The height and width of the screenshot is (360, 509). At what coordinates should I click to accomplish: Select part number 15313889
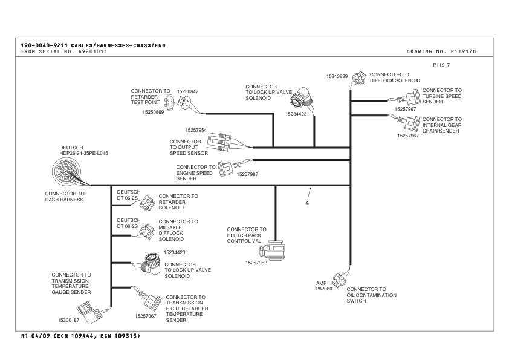tap(337, 77)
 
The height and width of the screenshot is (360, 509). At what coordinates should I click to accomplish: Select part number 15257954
tap(196, 129)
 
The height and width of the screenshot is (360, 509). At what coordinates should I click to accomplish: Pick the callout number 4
tap(307, 203)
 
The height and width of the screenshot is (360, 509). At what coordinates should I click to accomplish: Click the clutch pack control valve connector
tap(276, 250)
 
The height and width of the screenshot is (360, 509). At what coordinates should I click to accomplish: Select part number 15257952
tap(257, 263)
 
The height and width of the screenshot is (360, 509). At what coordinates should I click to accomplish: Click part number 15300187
tap(69, 319)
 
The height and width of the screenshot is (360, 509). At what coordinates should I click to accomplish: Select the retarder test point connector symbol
tap(171, 102)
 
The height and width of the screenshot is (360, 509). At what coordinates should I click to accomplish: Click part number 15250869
tap(153, 112)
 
